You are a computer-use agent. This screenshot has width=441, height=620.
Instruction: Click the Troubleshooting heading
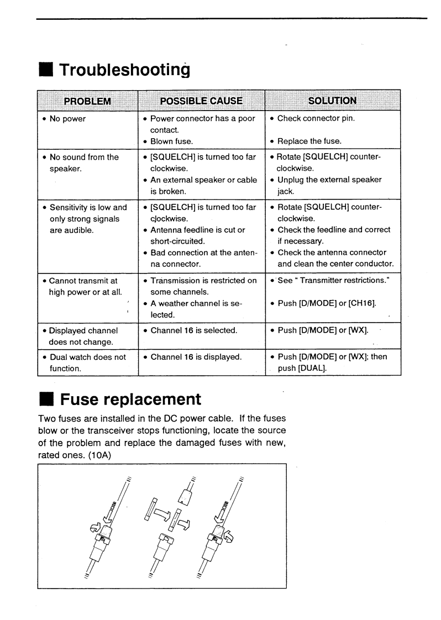(x=124, y=70)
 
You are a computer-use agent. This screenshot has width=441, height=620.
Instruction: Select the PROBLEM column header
(x=87, y=101)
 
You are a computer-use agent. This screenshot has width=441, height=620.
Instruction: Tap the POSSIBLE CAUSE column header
(x=201, y=101)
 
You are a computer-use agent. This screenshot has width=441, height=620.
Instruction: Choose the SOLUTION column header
(x=332, y=101)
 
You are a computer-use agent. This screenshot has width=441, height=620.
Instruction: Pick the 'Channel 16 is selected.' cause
(x=194, y=330)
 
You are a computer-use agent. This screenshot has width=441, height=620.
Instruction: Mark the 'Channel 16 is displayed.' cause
(x=196, y=357)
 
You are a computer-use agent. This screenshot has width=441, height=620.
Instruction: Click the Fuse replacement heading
(x=130, y=399)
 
